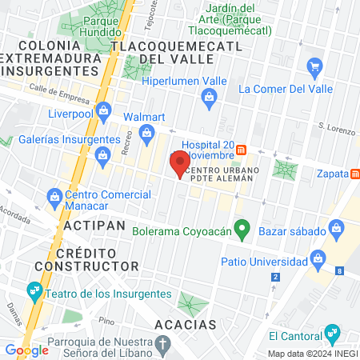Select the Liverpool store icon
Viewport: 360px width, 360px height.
click(102, 110)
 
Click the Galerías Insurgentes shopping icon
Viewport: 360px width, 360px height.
click(102, 158)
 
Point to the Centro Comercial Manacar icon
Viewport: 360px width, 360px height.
click(54, 195)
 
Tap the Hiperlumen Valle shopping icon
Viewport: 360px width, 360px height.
click(210, 98)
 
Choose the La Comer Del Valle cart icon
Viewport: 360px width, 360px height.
click(314, 66)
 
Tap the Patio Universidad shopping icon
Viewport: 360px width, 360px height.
click(319, 259)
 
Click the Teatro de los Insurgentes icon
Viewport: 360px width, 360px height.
click(34, 290)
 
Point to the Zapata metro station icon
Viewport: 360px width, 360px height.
click(354, 173)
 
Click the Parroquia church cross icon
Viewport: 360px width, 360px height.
click(164, 346)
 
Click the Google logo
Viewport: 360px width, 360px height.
click(27, 350)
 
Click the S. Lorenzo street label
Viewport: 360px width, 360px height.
click(334, 126)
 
